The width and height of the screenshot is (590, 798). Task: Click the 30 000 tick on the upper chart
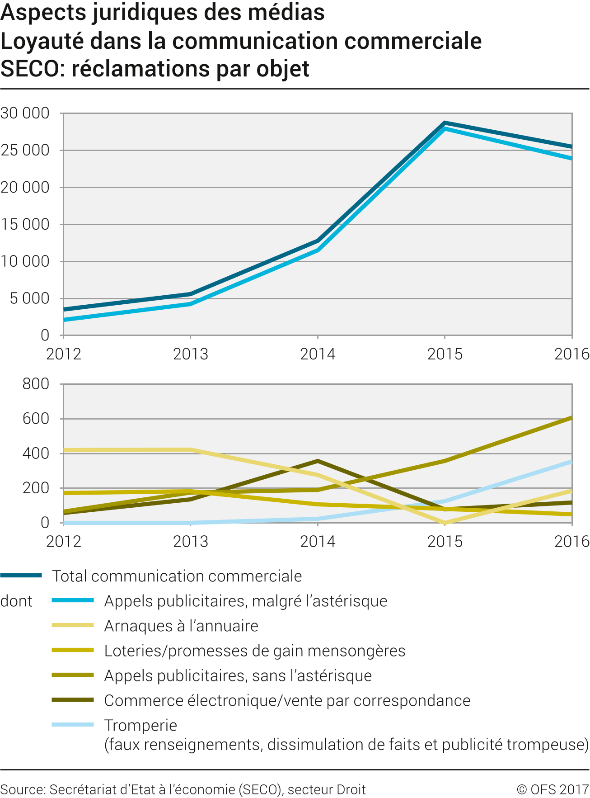[25, 113]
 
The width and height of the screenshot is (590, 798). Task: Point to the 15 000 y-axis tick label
[25, 224]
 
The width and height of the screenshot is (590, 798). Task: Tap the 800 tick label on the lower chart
[36, 384]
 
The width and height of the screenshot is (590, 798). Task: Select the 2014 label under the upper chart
[318, 354]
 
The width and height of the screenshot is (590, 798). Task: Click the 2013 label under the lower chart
[190, 541]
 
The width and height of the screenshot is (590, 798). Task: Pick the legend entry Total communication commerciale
[177, 576]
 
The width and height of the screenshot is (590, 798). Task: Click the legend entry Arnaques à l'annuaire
[181, 626]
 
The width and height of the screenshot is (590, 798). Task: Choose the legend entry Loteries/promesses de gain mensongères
[254, 651]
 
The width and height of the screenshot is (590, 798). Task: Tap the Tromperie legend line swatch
[73, 725]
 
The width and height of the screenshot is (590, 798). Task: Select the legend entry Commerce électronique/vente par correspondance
[287, 700]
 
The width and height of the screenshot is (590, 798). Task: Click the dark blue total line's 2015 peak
[445, 123]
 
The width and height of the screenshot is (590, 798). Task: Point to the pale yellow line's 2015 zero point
[445, 523]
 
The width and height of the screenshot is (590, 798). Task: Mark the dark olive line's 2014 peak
[318, 461]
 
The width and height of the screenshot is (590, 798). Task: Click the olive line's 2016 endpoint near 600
[571, 418]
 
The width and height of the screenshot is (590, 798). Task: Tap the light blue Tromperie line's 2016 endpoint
[571, 462]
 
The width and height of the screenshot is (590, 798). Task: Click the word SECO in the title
[32, 69]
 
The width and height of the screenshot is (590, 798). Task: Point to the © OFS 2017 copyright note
[553, 789]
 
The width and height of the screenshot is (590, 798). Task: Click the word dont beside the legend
[16, 601]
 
